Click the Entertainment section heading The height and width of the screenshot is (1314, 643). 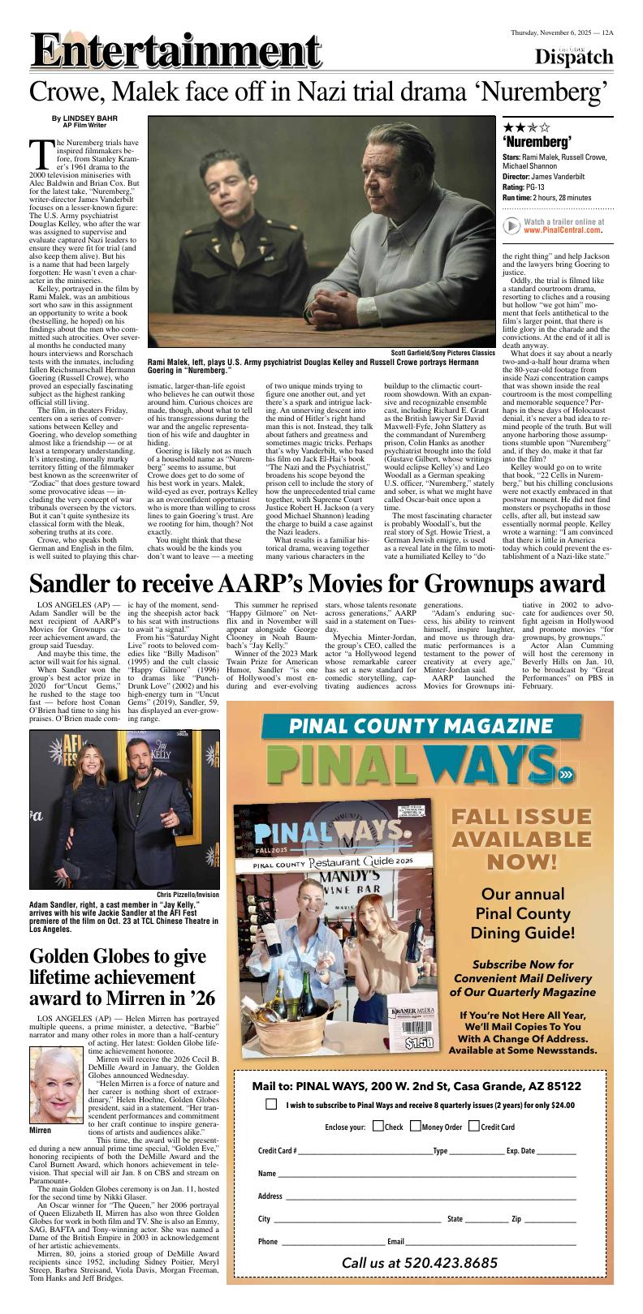point(175,54)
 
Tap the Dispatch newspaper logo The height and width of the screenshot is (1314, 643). point(574,56)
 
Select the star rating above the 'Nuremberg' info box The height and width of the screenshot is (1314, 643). point(525,127)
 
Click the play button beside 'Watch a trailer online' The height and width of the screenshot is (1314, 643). point(511,225)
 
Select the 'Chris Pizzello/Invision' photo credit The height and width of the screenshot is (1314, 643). point(188,895)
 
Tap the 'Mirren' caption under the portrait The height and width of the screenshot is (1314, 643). point(40,1130)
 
